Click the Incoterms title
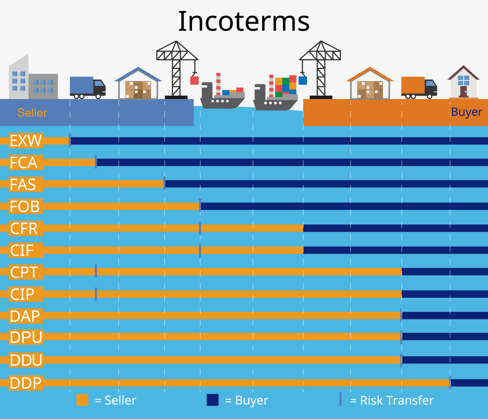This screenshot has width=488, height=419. (244, 22)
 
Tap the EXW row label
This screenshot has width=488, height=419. (26, 141)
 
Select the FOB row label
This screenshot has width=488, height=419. (25, 206)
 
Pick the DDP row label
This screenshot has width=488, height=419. (26, 383)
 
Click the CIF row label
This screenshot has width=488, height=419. (22, 250)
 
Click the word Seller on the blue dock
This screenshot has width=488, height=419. (32, 113)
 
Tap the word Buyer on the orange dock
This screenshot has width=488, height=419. (466, 112)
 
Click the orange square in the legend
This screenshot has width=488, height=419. (82, 400)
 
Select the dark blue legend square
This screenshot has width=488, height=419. (213, 400)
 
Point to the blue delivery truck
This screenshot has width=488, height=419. (87, 87)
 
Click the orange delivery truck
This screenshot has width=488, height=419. (419, 87)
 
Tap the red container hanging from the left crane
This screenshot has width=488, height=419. (194, 80)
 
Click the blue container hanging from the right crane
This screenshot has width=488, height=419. (303, 80)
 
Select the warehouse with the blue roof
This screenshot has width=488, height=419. (138, 84)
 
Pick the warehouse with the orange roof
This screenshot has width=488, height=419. (370, 84)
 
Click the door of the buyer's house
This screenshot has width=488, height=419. (464, 91)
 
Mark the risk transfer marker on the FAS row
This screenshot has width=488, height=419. (164, 184)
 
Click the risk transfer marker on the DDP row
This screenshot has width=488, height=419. (450, 383)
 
